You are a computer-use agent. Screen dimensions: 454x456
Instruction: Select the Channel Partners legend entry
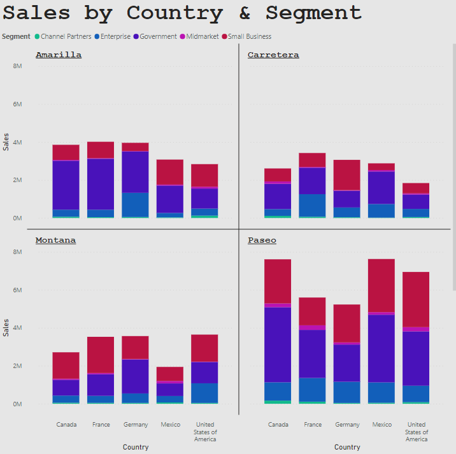click(66, 36)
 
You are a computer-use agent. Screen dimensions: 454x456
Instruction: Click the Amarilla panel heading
click(59, 55)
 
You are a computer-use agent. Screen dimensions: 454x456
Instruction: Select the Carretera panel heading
click(273, 55)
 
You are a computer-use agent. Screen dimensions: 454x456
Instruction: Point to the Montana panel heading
click(56, 240)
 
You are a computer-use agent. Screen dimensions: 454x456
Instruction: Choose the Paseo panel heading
click(262, 240)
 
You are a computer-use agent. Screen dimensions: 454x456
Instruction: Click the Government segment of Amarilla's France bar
click(101, 183)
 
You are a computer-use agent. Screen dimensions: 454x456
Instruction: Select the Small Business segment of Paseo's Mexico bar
click(382, 285)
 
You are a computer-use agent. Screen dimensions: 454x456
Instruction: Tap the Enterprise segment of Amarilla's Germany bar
click(135, 204)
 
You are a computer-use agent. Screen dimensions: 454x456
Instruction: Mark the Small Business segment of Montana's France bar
click(101, 355)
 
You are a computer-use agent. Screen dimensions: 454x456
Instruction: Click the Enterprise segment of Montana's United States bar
click(204, 392)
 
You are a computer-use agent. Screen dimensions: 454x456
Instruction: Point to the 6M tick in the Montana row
click(18, 290)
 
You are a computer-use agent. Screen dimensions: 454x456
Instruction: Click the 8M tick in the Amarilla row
click(18, 66)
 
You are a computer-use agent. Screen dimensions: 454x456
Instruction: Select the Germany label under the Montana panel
click(136, 425)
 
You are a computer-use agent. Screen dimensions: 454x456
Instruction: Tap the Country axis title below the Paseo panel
click(347, 447)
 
